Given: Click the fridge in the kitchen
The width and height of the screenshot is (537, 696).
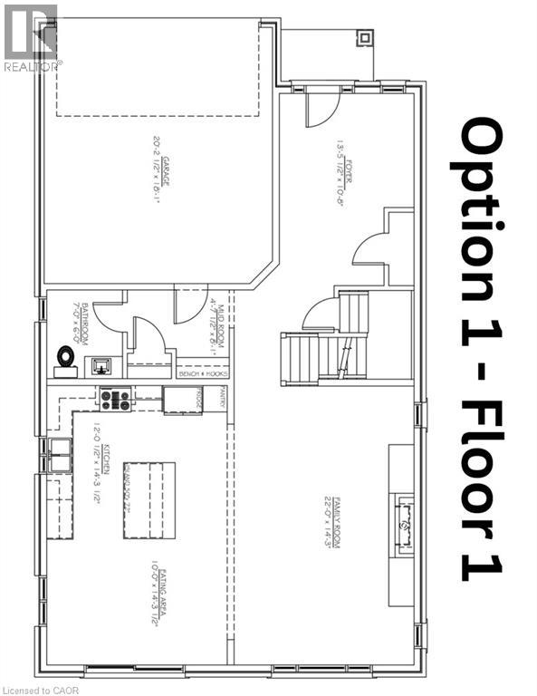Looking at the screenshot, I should coord(183,400).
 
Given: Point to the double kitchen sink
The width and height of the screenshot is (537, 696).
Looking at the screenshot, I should coord(60,454).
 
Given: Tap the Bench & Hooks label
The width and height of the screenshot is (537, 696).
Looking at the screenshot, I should coord(202,372).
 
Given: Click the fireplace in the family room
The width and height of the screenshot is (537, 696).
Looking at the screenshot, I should coord(403,523).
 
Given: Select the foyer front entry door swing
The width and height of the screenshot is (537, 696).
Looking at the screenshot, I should coord(320,109).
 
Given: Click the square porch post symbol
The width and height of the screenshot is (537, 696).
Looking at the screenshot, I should coord(364,38).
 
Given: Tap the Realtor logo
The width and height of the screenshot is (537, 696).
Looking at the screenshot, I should coord(30,36).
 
